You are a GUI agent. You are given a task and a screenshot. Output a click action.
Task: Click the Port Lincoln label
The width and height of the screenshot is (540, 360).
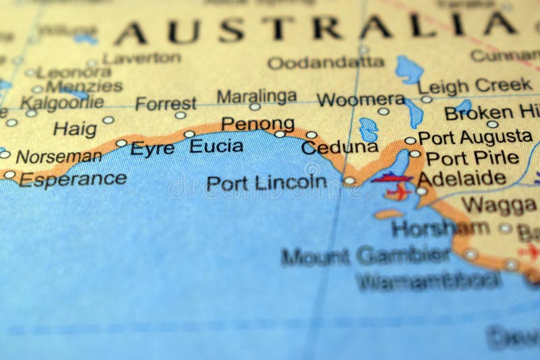[x=266, y=182]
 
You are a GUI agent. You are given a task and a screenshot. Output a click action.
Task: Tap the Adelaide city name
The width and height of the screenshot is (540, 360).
[x=462, y=179]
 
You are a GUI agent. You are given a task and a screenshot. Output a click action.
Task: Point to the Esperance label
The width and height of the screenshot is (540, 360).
[x=72, y=179]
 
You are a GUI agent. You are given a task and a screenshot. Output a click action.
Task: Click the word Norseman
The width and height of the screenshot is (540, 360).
[x=59, y=156]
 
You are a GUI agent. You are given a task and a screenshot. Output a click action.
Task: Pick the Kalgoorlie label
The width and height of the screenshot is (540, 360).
[x=62, y=103]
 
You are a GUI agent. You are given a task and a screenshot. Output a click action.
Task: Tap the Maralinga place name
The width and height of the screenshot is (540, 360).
[x=256, y=95]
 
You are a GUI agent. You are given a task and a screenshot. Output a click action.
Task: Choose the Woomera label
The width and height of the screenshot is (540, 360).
[x=360, y=100]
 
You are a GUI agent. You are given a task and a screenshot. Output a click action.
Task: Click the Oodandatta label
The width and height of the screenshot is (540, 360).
[x=325, y=63]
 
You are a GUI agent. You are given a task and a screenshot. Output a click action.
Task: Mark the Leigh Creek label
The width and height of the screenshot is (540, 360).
[x=475, y=85]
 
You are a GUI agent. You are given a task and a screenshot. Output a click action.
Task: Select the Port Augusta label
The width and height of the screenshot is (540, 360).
[x=475, y=138]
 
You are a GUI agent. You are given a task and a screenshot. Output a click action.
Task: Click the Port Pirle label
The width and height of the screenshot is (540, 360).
[x=472, y=159]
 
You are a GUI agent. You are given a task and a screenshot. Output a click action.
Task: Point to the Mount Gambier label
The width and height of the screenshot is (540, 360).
[x=365, y=256]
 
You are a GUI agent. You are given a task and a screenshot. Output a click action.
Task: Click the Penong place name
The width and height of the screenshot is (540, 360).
[x=257, y=124]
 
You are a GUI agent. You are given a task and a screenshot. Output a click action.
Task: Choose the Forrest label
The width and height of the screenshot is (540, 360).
[x=165, y=104]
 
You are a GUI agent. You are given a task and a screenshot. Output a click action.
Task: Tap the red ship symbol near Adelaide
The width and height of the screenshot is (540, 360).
[x=391, y=178]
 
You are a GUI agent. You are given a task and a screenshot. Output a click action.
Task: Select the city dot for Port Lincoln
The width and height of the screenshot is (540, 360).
[x=349, y=181]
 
